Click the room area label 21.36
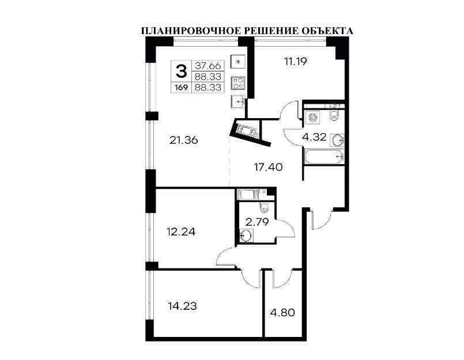pyautogui.click(x=184, y=140)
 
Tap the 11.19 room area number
pyautogui.click(x=295, y=62)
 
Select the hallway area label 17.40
pyautogui.click(x=269, y=168)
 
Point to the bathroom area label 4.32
pyautogui.click(x=314, y=137)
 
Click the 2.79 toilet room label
pyautogui.click(x=257, y=222)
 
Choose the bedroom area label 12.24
pyautogui.click(x=181, y=232)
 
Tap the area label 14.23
pyautogui.click(x=182, y=306)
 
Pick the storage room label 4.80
pyautogui.click(x=282, y=312)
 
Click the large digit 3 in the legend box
pyautogui.click(x=182, y=71)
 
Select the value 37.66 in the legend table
pyautogui.click(x=208, y=65)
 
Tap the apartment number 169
pyautogui.click(x=182, y=88)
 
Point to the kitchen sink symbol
pyautogui.click(x=237, y=101)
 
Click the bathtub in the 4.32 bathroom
pyautogui.click(x=324, y=156)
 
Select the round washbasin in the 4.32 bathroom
pyautogui.click(x=337, y=140)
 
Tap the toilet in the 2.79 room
pyautogui.click(x=263, y=208)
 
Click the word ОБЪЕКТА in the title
pyautogui.click(x=327, y=31)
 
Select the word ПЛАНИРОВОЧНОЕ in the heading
pyautogui.click(x=190, y=31)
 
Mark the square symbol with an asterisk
pyautogui.click(x=238, y=62)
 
